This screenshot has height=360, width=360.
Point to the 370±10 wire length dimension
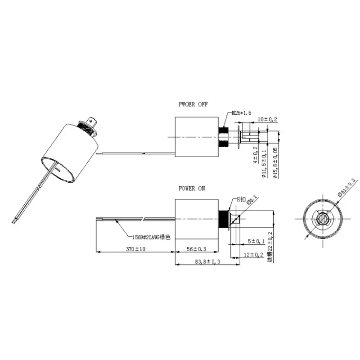pos(135,248)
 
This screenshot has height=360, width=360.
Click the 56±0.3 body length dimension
pos(196,248)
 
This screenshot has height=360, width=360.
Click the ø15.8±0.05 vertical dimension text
pos(275,163)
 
